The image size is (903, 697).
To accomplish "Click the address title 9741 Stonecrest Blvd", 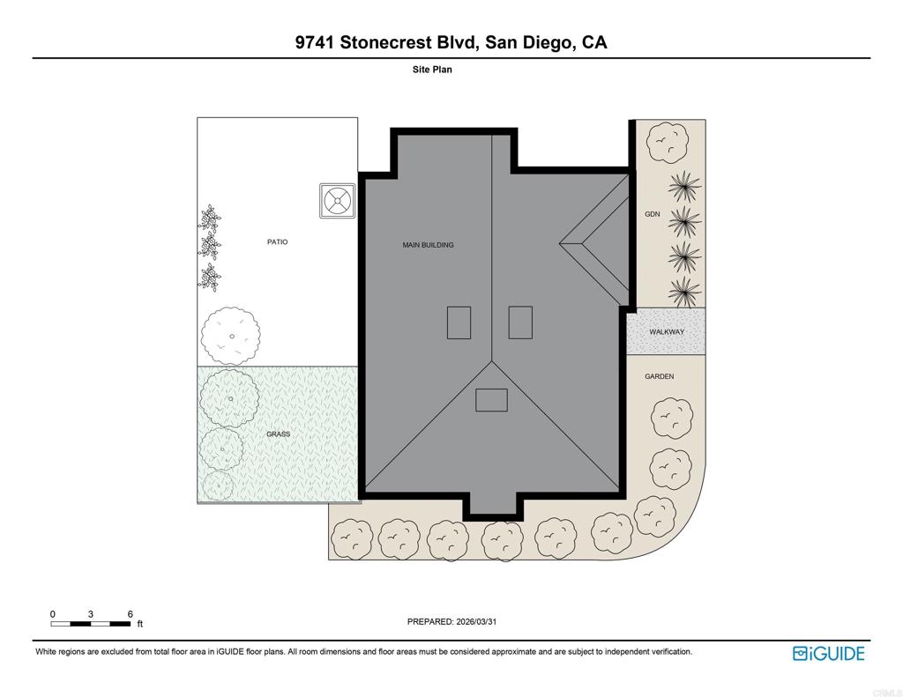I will tap(451, 42).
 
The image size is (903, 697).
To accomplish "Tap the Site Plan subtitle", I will tap(432, 70).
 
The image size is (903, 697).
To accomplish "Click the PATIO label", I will tap(277, 241).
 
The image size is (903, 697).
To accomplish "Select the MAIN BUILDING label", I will tap(428, 245).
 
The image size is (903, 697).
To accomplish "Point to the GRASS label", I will tap(278, 434).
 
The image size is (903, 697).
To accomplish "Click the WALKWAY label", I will tap(666, 332).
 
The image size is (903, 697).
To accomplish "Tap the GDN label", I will tap(652, 214).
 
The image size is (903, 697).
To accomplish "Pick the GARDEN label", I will tap(659, 376).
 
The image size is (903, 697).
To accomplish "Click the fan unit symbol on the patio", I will tap(337, 201).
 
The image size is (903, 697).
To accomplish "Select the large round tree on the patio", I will tap(231, 336).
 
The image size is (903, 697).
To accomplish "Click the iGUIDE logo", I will tap(828, 653).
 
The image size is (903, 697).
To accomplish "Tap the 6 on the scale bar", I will tap(130, 614).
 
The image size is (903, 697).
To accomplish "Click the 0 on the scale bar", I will tap(53, 614).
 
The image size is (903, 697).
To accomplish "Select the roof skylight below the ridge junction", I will tap(491, 400).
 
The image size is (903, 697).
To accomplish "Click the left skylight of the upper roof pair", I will tap(459, 323).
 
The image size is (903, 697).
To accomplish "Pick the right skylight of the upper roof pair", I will tap(520, 323).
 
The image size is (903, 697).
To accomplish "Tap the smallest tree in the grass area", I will tap(217, 485).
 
